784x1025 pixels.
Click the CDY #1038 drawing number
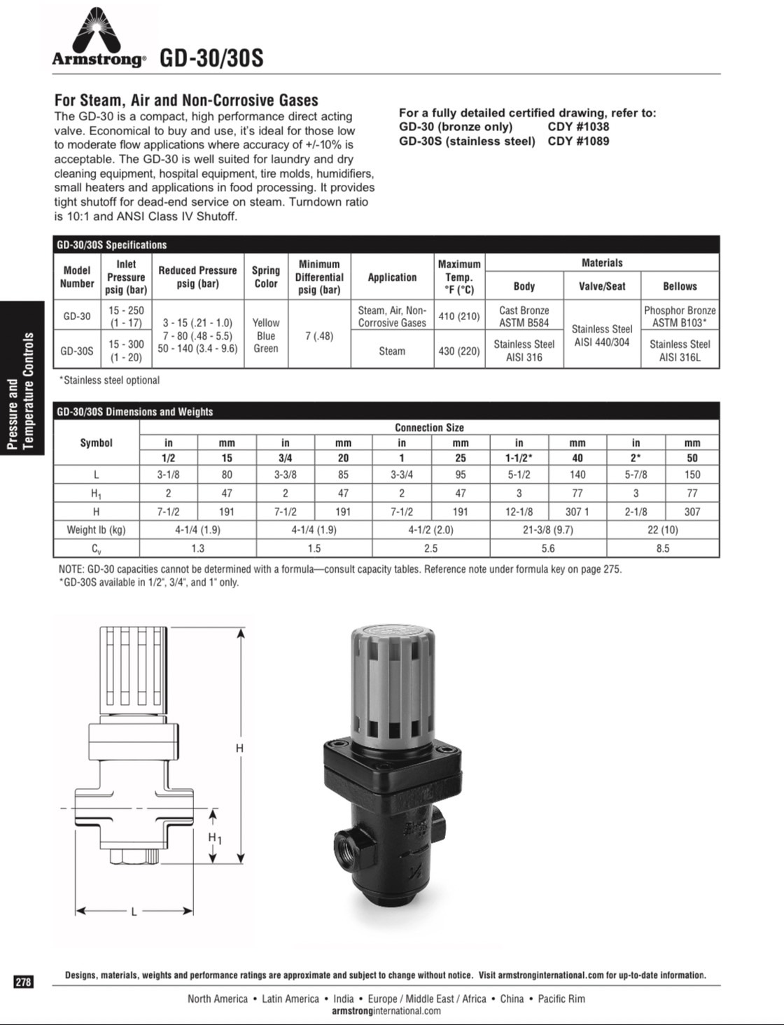tap(578, 127)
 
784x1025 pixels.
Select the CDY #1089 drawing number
tap(578, 141)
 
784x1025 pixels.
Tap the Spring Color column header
tap(266, 277)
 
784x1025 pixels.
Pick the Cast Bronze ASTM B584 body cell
tap(524, 316)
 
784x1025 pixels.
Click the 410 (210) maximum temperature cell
tap(459, 316)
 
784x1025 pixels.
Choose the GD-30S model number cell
tap(77, 351)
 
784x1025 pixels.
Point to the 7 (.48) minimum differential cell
tap(319, 335)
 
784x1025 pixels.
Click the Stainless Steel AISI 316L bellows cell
tap(679, 351)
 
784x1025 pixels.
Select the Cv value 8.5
tap(663, 548)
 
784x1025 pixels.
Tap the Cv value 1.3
tap(198, 548)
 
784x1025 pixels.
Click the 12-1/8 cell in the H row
tap(519, 512)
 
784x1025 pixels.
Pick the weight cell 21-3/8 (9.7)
tap(548, 530)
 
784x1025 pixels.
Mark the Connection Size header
tap(429, 427)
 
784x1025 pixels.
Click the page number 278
tap(23, 982)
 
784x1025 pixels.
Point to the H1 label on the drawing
tap(215, 837)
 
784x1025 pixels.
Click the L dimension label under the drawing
tap(134, 912)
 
